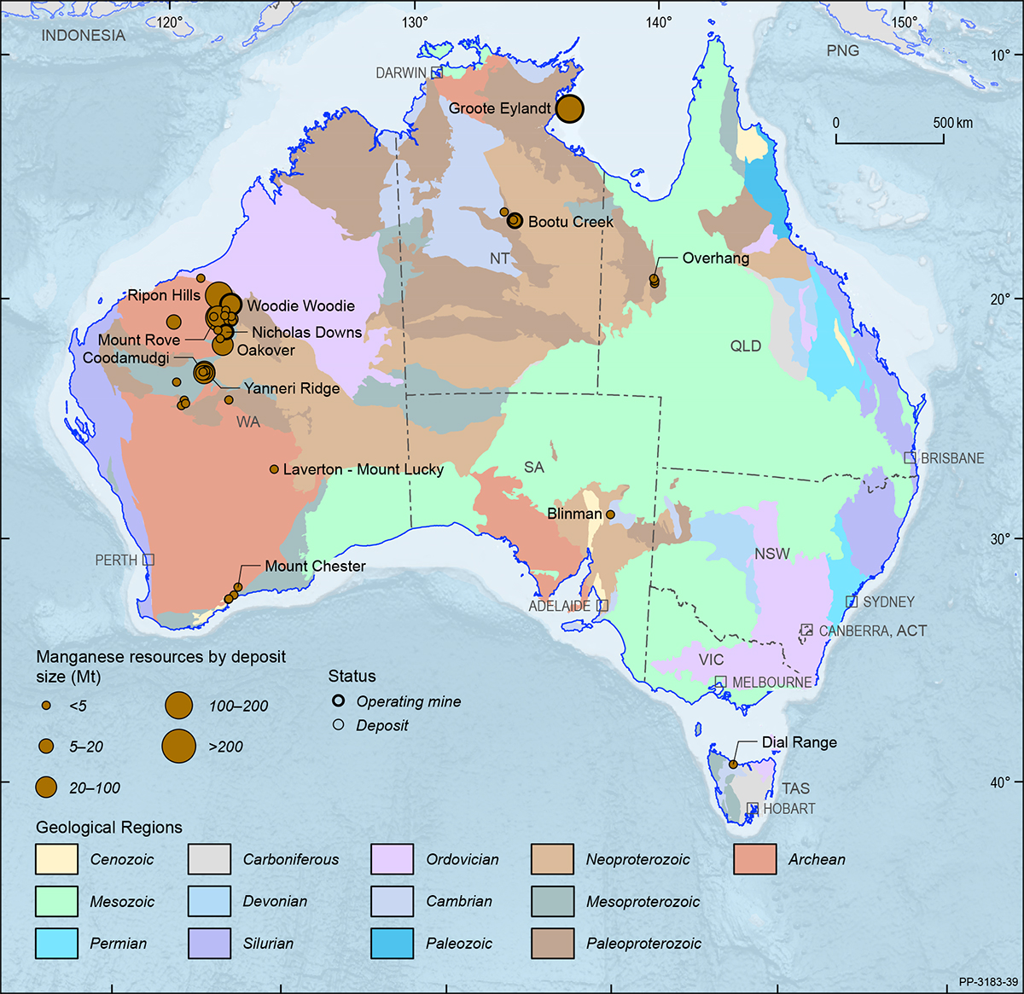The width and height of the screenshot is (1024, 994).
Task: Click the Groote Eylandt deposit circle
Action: (x=569, y=109)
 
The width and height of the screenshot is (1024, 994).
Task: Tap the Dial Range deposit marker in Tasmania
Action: (x=733, y=764)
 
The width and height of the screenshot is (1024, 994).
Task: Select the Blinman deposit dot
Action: (x=610, y=514)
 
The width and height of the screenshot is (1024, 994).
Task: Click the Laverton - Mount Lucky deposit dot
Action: (x=274, y=469)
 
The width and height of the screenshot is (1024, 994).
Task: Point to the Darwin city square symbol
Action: (x=437, y=73)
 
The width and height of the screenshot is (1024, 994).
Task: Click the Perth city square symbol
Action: (x=148, y=560)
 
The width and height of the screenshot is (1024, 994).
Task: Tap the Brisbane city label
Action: (x=952, y=458)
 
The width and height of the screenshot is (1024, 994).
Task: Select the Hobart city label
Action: (x=788, y=808)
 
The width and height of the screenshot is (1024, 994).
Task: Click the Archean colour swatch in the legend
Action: (x=754, y=859)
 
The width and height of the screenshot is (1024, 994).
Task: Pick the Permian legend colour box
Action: (x=56, y=943)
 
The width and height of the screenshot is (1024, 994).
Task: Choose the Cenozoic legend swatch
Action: (x=56, y=859)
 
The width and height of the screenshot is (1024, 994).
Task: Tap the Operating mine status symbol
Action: (x=339, y=701)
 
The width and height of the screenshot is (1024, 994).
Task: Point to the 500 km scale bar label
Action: (x=952, y=123)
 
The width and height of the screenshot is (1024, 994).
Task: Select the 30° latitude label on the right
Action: (x=1000, y=538)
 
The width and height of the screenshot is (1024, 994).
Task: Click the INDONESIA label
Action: (x=83, y=36)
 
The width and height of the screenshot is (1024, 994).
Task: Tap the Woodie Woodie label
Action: (x=300, y=305)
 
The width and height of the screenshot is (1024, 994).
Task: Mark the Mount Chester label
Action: (x=315, y=566)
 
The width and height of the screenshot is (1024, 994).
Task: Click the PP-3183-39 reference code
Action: (x=987, y=982)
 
